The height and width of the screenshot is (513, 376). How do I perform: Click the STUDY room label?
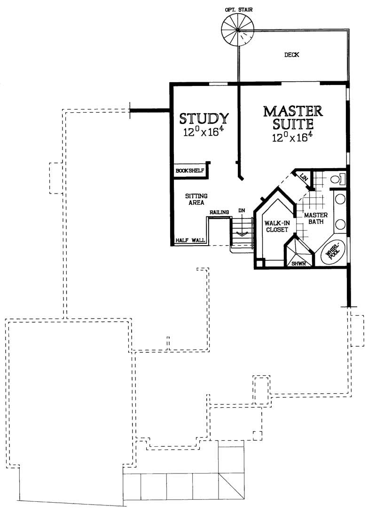coord(204,118)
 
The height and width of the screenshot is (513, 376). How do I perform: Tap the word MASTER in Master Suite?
coord(293,111)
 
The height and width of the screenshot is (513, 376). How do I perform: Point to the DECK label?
coord(291,55)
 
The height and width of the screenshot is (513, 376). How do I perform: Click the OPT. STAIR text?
coord(239,10)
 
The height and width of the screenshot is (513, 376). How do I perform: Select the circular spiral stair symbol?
coord(237,31)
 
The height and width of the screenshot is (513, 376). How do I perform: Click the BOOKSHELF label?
coord(190,171)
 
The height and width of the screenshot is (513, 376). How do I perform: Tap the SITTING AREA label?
coord(196,199)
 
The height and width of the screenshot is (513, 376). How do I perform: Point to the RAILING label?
coord(219,212)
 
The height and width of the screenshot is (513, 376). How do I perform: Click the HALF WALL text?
coord(190,240)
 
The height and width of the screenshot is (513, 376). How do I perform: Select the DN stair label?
coord(242,210)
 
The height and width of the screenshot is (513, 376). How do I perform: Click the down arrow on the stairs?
coord(242,229)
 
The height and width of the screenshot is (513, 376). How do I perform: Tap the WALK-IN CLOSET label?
coord(277,226)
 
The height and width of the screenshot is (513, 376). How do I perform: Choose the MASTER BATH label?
coord(316,218)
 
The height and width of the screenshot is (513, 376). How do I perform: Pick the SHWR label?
coord(298,264)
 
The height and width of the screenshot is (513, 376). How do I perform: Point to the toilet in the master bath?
coord(337,179)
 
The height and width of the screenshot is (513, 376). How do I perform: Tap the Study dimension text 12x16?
coord(203,132)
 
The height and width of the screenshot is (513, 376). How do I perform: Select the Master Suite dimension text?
coord(290,137)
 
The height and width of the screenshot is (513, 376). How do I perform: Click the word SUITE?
coord(293,124)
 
